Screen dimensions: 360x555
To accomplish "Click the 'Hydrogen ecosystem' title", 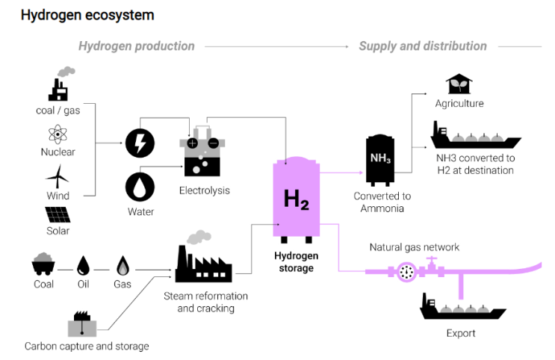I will coord(87,15).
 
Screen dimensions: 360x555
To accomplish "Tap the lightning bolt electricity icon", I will coord(140,143).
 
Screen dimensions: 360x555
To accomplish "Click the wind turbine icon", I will coord(58,177).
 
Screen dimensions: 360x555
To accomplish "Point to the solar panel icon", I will coord(58,214).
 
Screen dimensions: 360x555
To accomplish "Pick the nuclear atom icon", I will coord(58,135).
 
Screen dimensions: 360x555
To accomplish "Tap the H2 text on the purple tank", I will coord(296,199).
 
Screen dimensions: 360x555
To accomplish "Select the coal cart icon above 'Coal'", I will coord(43,265).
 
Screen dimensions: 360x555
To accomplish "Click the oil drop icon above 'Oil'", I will coord(84,265).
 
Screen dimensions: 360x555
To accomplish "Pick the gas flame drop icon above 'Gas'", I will coord(122,265).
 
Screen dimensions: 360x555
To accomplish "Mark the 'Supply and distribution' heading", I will coord(423,46).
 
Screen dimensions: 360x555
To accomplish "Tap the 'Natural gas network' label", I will coord(414,247).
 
